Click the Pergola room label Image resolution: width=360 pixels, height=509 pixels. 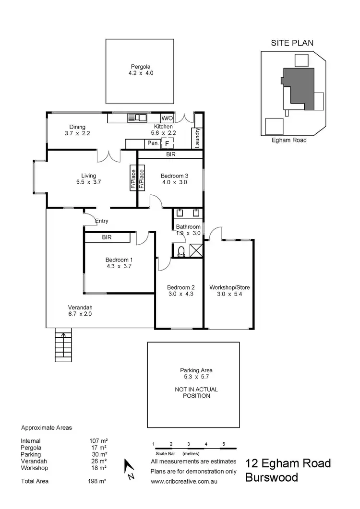pos(138,67)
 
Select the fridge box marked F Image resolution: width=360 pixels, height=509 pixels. pos(167,143)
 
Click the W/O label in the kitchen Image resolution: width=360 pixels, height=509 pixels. pos(167,118)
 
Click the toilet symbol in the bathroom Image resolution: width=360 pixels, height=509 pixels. pos(181,251)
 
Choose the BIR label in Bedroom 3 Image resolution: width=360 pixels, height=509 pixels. pos(170,155)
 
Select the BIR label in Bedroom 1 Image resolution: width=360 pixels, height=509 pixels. pos(107,237)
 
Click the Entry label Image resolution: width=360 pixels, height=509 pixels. pos(102,221)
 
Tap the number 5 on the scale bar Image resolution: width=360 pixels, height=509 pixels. pos(224,444)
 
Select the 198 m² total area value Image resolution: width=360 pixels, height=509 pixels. pos(99,481)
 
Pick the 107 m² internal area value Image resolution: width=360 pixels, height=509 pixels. pos(99,441)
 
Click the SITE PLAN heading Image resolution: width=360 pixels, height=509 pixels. pos(292,43)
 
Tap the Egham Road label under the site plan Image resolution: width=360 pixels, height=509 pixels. pos(289,140)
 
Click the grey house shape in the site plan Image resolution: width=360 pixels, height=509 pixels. pos(298,89)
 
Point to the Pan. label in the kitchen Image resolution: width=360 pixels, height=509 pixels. pos(153,143)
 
